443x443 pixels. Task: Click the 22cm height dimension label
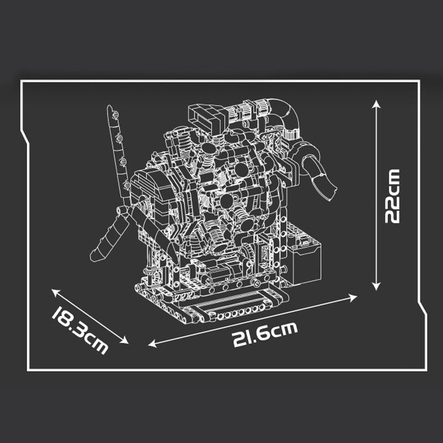pos(392,195)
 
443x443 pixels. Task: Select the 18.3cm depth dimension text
pos(80,331)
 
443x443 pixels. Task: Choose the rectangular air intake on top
pos(207,117)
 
